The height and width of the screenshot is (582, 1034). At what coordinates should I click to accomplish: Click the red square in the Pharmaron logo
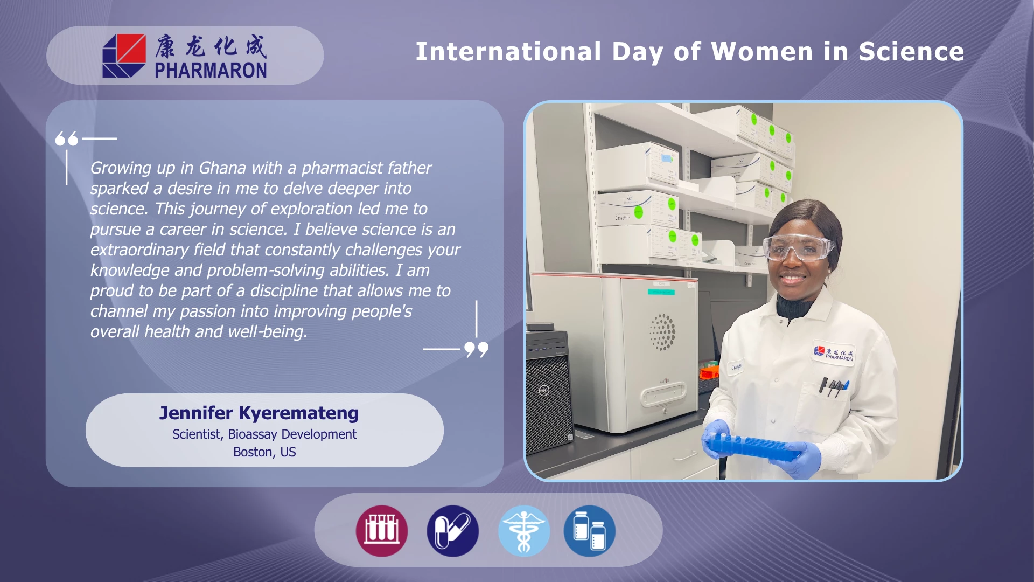[131, 48]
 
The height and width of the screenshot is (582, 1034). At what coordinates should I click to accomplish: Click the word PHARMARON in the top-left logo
[211, 71]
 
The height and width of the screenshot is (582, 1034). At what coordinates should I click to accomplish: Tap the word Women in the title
[762, 52]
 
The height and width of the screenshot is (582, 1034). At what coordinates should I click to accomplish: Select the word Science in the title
[911, 52]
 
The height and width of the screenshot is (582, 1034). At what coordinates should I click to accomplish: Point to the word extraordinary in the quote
[139, 250]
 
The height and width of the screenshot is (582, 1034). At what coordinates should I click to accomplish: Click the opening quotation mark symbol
[67, 138]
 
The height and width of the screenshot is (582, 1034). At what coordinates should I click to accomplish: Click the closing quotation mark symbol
[476, 349]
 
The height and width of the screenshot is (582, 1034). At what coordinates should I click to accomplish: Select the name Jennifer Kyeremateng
[259, 413]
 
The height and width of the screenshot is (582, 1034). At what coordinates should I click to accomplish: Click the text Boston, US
[264, 452]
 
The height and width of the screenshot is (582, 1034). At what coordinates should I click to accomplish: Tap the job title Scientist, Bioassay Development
[264, 434]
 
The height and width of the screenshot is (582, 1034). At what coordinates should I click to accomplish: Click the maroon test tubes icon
[382, 531]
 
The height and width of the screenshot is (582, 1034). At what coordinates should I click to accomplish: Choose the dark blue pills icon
[452, 531]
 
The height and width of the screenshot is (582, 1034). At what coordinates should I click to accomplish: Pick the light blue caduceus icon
[523, 531]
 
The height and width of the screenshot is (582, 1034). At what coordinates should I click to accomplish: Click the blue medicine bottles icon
[590, 531]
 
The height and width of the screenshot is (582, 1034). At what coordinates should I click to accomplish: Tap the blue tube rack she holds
[754, 447]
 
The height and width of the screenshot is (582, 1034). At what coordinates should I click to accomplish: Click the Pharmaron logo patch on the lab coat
[833, 354]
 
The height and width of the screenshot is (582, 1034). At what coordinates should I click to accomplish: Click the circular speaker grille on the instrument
[662, 332]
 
